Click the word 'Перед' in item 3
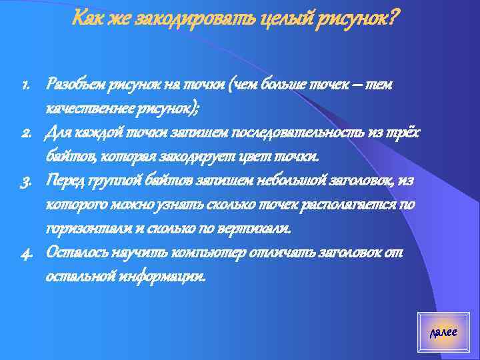[64, 181]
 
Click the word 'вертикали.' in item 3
[256, 229]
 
